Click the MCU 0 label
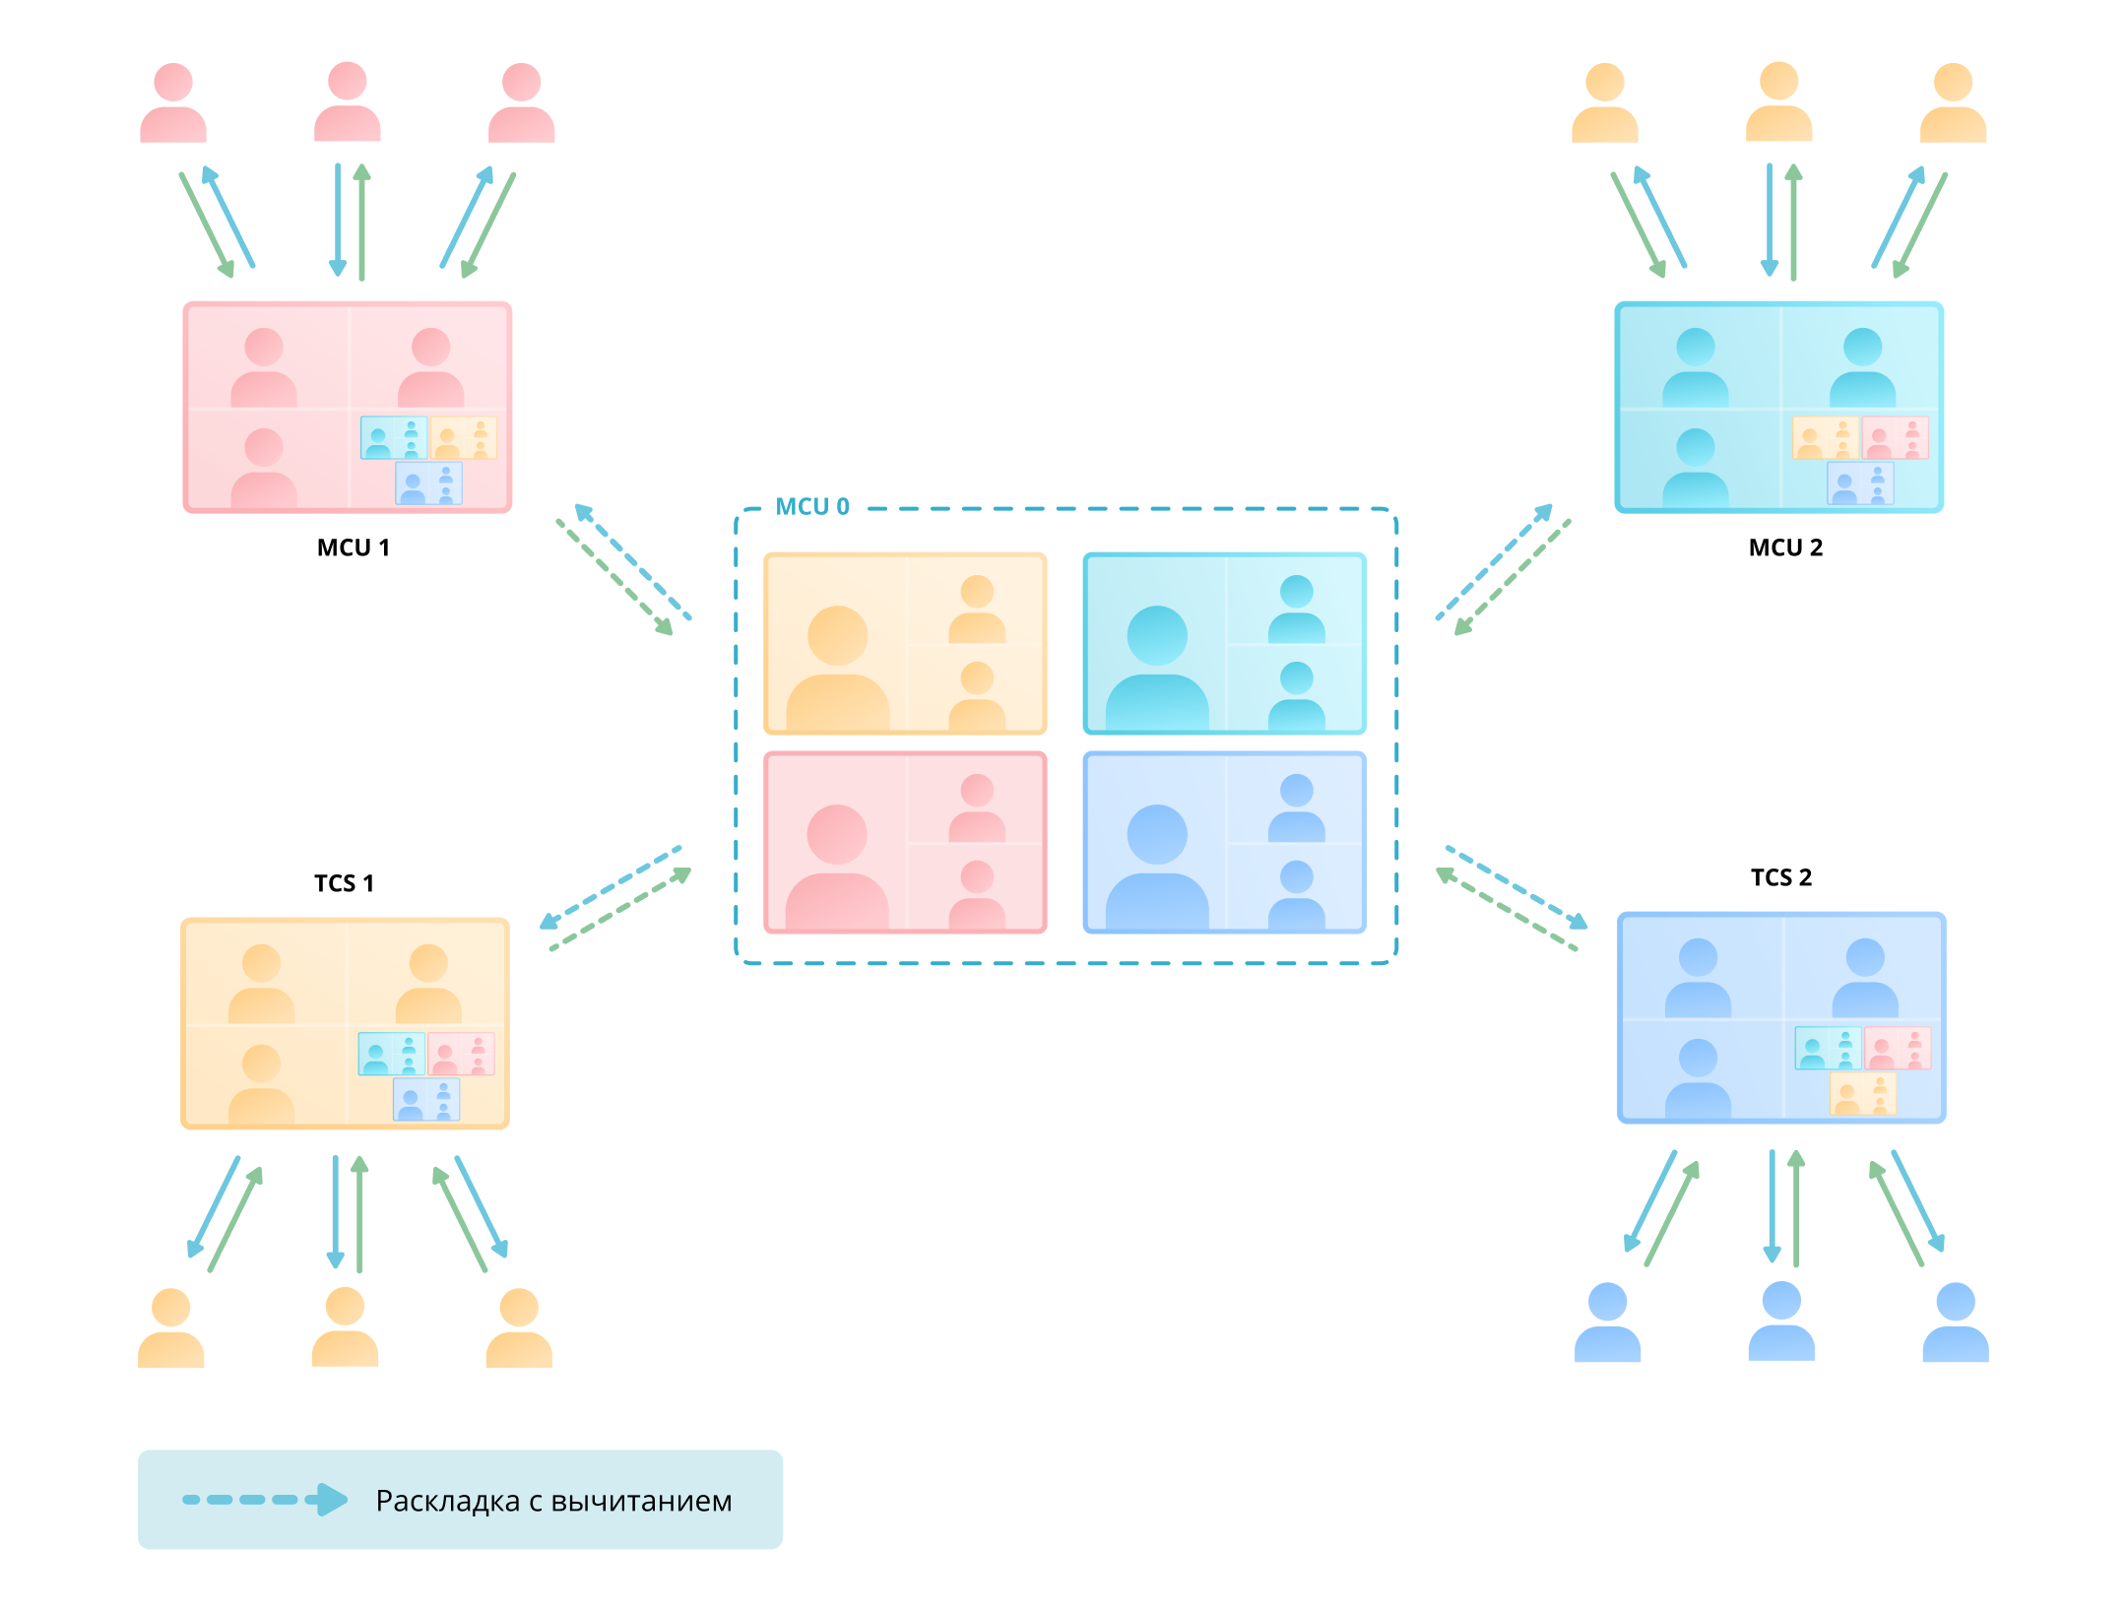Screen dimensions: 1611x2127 (x=811, y=506)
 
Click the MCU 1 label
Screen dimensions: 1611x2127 (x=353, y=548)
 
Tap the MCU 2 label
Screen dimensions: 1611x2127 (x=1784, y=548)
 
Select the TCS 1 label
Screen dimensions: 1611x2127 (x=344, y=883)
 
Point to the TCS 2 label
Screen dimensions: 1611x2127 (x=1780, y=877)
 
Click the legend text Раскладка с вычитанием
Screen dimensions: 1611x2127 (x=553, y=1501)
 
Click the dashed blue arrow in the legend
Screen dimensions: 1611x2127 (x=265, y=1500)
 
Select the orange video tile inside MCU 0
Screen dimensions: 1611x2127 (x=905, y=644)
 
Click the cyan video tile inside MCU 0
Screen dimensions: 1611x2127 (x=1224, y=644)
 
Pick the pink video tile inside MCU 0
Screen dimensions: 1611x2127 (x=905, y=843)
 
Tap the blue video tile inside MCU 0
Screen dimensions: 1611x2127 (x=1224, y=843)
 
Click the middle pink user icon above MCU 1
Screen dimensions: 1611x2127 (x=347, y=101)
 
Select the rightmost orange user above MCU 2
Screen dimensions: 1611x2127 (x=1953, y=102)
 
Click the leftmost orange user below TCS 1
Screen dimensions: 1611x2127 (x=170, y=1327)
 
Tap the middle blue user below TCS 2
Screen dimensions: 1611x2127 (x=1780, y=1321)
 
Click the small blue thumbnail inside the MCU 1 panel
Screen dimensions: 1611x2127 (x=428, y=483)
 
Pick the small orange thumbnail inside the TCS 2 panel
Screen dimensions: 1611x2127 (x=1862, y=1094)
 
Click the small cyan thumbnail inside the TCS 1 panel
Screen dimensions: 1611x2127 (x=391, y=1054)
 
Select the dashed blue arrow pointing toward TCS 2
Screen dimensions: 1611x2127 (x=1516, y=886)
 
